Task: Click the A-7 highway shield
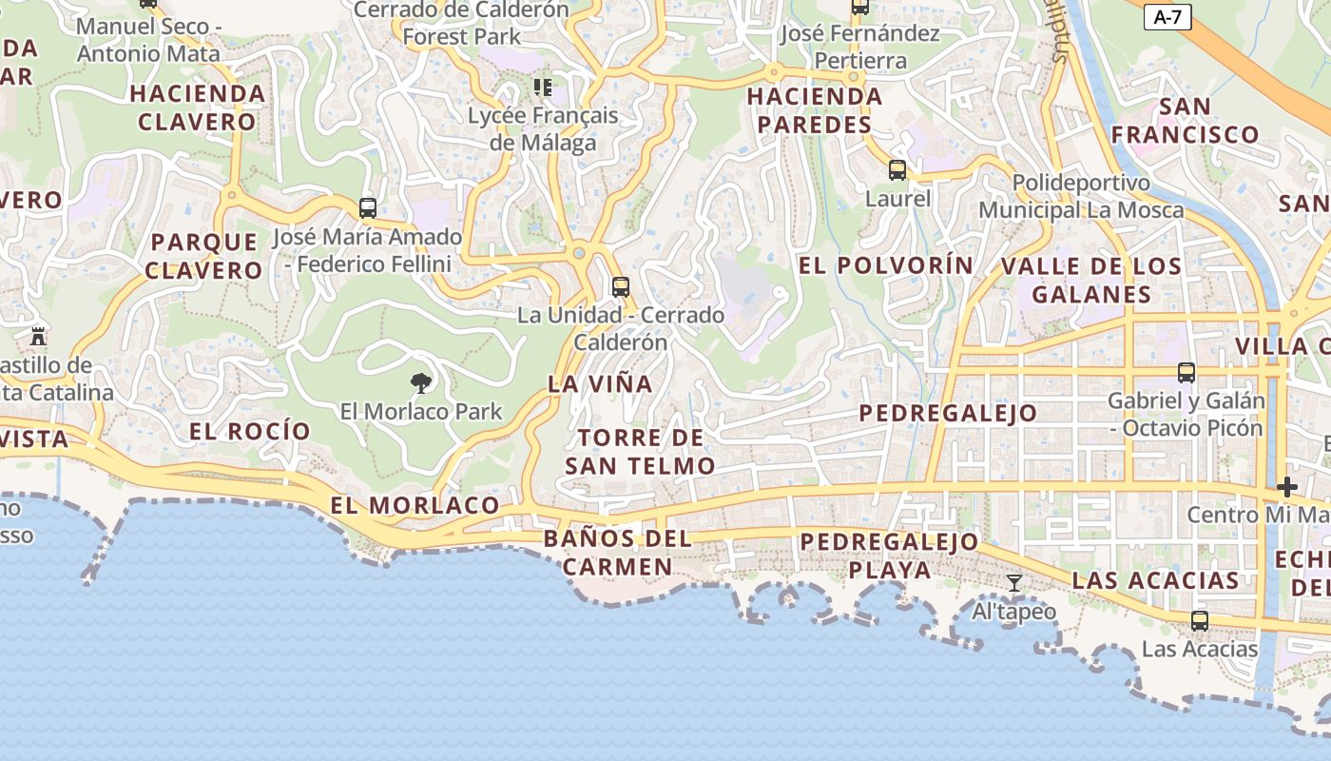click(1167, 16)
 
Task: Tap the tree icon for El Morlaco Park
click(420, 383)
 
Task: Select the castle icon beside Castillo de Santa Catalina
click(38, 336)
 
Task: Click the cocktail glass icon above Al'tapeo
click(1014, 582)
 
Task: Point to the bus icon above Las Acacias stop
click(1200, 621)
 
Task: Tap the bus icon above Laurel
click(897, 170)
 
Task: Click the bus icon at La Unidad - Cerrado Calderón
click(621, 286)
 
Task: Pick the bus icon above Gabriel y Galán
click(1186, 372)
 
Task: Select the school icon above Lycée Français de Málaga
click(543, 88)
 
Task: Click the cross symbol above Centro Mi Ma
click(1287, 487)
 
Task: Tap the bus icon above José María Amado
click(368, 207)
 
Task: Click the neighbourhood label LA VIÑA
click(600, 384)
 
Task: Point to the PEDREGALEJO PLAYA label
click(889, 556)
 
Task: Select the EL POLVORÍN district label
click(886, 265)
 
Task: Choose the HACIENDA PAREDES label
click(815, 110)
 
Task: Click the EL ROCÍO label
click(250, 431)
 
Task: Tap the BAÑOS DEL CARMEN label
click(618, 553)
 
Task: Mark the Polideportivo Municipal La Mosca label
click(1081, 196)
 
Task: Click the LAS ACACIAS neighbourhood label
click(1155, 580)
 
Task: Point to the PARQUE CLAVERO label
click(204, 256)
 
